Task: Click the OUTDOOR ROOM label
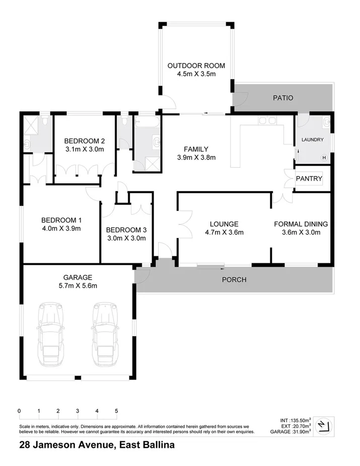[196, 65]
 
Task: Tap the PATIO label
[283, 98]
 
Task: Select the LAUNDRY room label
[312, 139]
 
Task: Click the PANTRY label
[309, 178]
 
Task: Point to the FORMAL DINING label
[301, 224]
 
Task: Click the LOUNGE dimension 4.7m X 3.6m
[224, 232]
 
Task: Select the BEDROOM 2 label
[85, 141]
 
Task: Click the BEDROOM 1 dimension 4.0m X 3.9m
[61, 228]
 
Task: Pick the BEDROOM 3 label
[126, 230]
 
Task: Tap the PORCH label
[234, 280]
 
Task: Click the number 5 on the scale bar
[116, 411]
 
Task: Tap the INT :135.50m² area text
[296, 420]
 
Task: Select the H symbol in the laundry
[324, 158]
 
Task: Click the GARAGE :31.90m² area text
[291, 432]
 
